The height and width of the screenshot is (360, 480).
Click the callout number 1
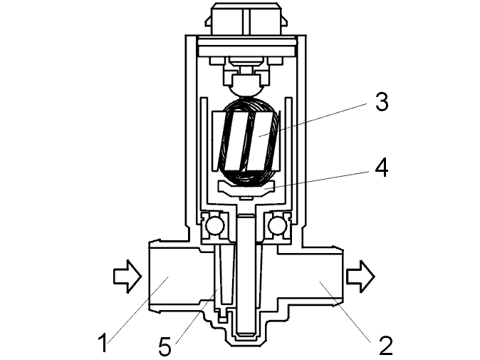pos(103,343)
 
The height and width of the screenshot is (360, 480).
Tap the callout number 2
pos(385,346)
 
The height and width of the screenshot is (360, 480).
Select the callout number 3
pos(382,102)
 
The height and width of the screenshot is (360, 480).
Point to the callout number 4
pos(381,168)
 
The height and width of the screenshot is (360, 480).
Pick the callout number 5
pos(165,346)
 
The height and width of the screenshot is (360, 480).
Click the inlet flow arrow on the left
pos(127,276)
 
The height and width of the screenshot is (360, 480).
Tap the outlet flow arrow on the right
pos(360,276)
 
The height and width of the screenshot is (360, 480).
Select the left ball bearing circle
pos(214,226)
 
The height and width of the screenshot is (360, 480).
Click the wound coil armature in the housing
pos(249,142)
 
